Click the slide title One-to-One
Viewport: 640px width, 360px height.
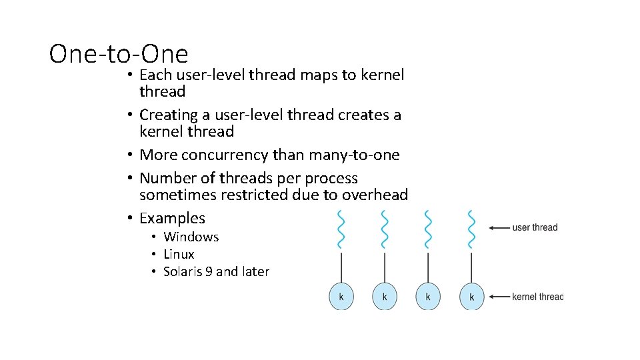[x=119, y=53]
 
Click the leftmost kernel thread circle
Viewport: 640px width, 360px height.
[x=341, y=297]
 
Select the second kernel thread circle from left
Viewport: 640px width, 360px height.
[x=385, y=297]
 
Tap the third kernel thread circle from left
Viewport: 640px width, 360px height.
[x=428, y=297]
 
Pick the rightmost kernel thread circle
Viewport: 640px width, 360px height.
[x=472, y=297]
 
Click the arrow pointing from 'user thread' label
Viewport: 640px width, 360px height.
[x=499, y=228]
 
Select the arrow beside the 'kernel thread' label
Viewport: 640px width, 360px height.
[x=499, y=297]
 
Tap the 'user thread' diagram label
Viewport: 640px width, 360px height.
[x=535, y=228]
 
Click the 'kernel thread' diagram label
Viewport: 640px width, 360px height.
[x=537, y=297]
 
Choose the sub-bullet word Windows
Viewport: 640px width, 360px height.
[x=191, y=237]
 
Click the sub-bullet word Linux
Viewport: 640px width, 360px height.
[x=179, y=254]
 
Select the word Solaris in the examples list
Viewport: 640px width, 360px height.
[x=185, y=271]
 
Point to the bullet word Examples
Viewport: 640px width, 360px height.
[x=172, y=218]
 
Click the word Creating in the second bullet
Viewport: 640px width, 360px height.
[x=171, y=115]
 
